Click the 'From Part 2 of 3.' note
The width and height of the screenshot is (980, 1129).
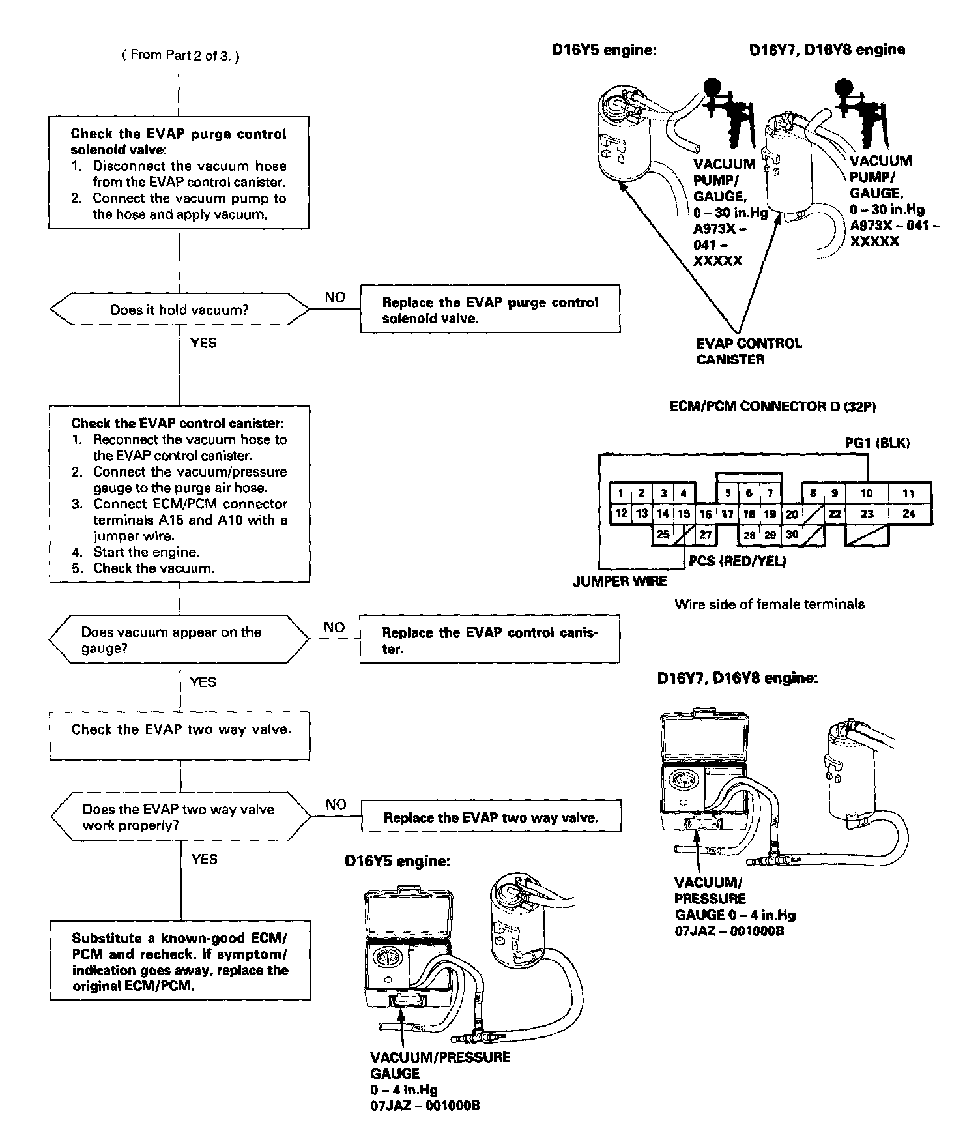(x=180, y=55)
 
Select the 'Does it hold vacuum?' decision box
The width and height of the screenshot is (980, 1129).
(x=180, y=310)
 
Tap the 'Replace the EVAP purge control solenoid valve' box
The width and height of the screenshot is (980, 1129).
(x=490, y=310)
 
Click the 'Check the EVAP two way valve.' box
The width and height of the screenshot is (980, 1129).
(x=180, y=735)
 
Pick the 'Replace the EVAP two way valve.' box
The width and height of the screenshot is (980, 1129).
(x=491, y=817)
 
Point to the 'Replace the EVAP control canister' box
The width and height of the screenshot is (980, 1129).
(x=489, y=640)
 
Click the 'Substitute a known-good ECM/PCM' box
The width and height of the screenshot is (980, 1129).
(x=180, y=961)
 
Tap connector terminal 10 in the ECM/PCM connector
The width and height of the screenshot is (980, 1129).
(x=867, y=493)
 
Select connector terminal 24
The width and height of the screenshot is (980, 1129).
(x=909, y=514)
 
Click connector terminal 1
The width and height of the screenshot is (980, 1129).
(x=622, y=493)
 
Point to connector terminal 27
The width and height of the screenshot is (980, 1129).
(x=706, y=535)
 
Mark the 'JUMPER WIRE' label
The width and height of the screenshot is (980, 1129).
(x=620, y=581)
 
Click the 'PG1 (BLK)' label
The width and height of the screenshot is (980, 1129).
(x=877, y=443)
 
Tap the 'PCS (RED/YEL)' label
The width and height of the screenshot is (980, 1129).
(x=737, y=561)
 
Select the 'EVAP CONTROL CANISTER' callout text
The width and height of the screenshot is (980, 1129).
(x=749, y=351)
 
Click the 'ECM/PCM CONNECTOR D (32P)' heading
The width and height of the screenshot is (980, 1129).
(x=772, y=406)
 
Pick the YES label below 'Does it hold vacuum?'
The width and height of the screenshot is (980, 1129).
(x=203, y=343)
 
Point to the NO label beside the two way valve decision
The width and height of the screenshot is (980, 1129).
(x=336, y=804)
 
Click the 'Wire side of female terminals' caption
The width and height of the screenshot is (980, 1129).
(x=770, y=604)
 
